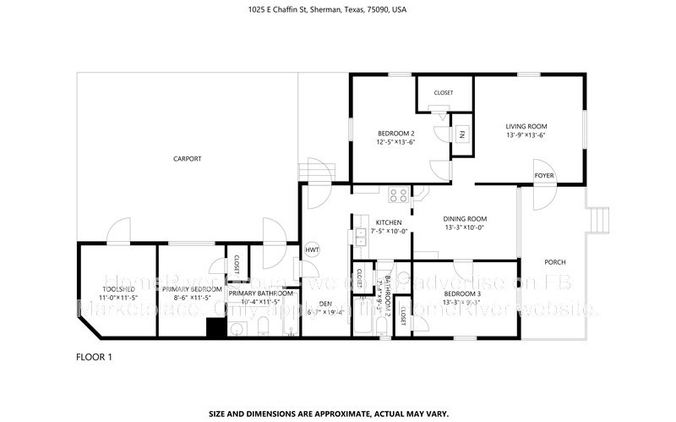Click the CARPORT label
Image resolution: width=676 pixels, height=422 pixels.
(x=187, y=158)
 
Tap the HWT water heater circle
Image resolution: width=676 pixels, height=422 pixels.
(x=312, y=249)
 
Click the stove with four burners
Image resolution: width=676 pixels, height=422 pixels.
(x=396, y=196)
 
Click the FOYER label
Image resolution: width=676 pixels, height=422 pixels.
(x=543, y=176)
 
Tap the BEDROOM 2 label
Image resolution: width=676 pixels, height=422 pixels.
(x=395, y=134)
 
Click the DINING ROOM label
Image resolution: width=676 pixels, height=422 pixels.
(x=466, y=218)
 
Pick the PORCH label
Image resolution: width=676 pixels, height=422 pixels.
(x=554, y=262)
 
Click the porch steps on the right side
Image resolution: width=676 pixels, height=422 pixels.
(x=600, y=221)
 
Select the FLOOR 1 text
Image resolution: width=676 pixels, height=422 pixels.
(x=94, y=357)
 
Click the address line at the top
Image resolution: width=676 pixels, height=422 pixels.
(x=337, y=10)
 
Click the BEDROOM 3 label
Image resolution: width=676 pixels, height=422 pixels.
(x=461, y=293)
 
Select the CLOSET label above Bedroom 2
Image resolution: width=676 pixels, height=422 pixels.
(x=443, y=92)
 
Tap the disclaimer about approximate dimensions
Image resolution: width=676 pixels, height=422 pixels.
(x=337, y=414)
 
